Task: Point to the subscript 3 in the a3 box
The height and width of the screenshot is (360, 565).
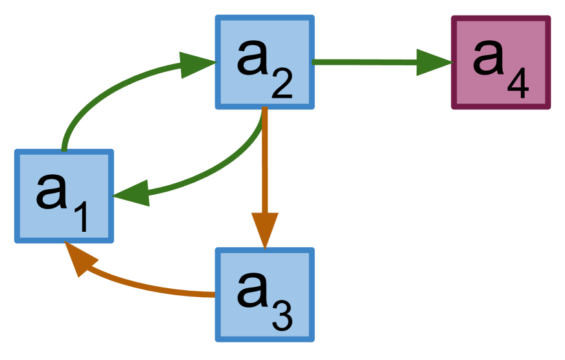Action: coord(282,317)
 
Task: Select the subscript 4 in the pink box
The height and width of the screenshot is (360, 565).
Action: coord(518,84)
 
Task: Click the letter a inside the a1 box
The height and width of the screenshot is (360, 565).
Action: coord(52,191)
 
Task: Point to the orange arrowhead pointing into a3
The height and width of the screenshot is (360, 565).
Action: coord(264,229)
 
